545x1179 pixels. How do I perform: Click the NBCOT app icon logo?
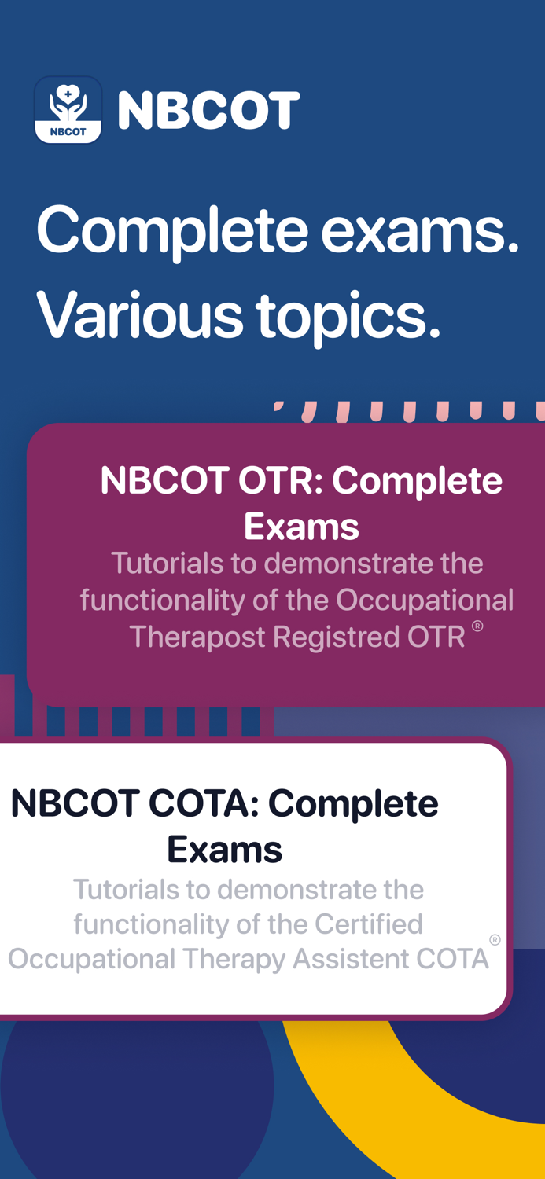(x=68, y=110)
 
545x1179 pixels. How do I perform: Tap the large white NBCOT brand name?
(x=208, y=111)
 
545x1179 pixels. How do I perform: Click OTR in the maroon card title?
(x=271, y=481)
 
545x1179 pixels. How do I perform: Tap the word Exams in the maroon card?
(x=301, y=526)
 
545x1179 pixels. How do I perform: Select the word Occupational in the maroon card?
(x=425, y=600)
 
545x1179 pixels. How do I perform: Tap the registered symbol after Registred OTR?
(x=477, y=626)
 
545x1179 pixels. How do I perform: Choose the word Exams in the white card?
(x=224, y=849)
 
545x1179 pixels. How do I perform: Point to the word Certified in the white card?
(x=369, y=924)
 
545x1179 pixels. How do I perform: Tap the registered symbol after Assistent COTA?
(x=495, y=939)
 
